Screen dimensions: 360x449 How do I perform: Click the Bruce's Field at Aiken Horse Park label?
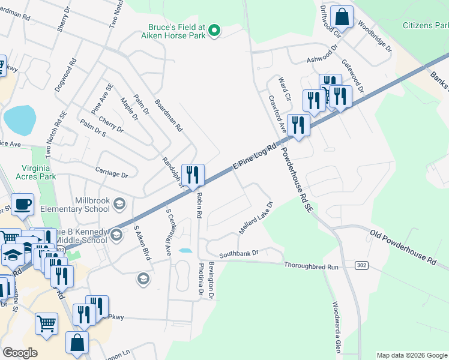point(177,32)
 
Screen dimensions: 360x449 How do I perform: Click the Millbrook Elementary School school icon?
point(119,205)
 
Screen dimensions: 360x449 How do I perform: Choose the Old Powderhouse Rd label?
point(402,247)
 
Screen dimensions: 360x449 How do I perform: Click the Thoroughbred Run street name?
point(312,265)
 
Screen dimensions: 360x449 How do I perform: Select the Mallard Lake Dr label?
point(256,218)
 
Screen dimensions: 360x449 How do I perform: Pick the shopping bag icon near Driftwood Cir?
point(342,17)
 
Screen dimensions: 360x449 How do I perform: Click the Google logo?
point(20,352)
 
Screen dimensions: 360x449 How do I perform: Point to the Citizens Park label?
point(425,25)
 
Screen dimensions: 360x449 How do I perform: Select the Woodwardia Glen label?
point(337,326)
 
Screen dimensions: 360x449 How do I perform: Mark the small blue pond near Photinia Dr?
point(186,251)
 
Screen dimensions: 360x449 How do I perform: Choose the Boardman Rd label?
point(168,116)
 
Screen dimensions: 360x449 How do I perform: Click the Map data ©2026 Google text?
point(412,355)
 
